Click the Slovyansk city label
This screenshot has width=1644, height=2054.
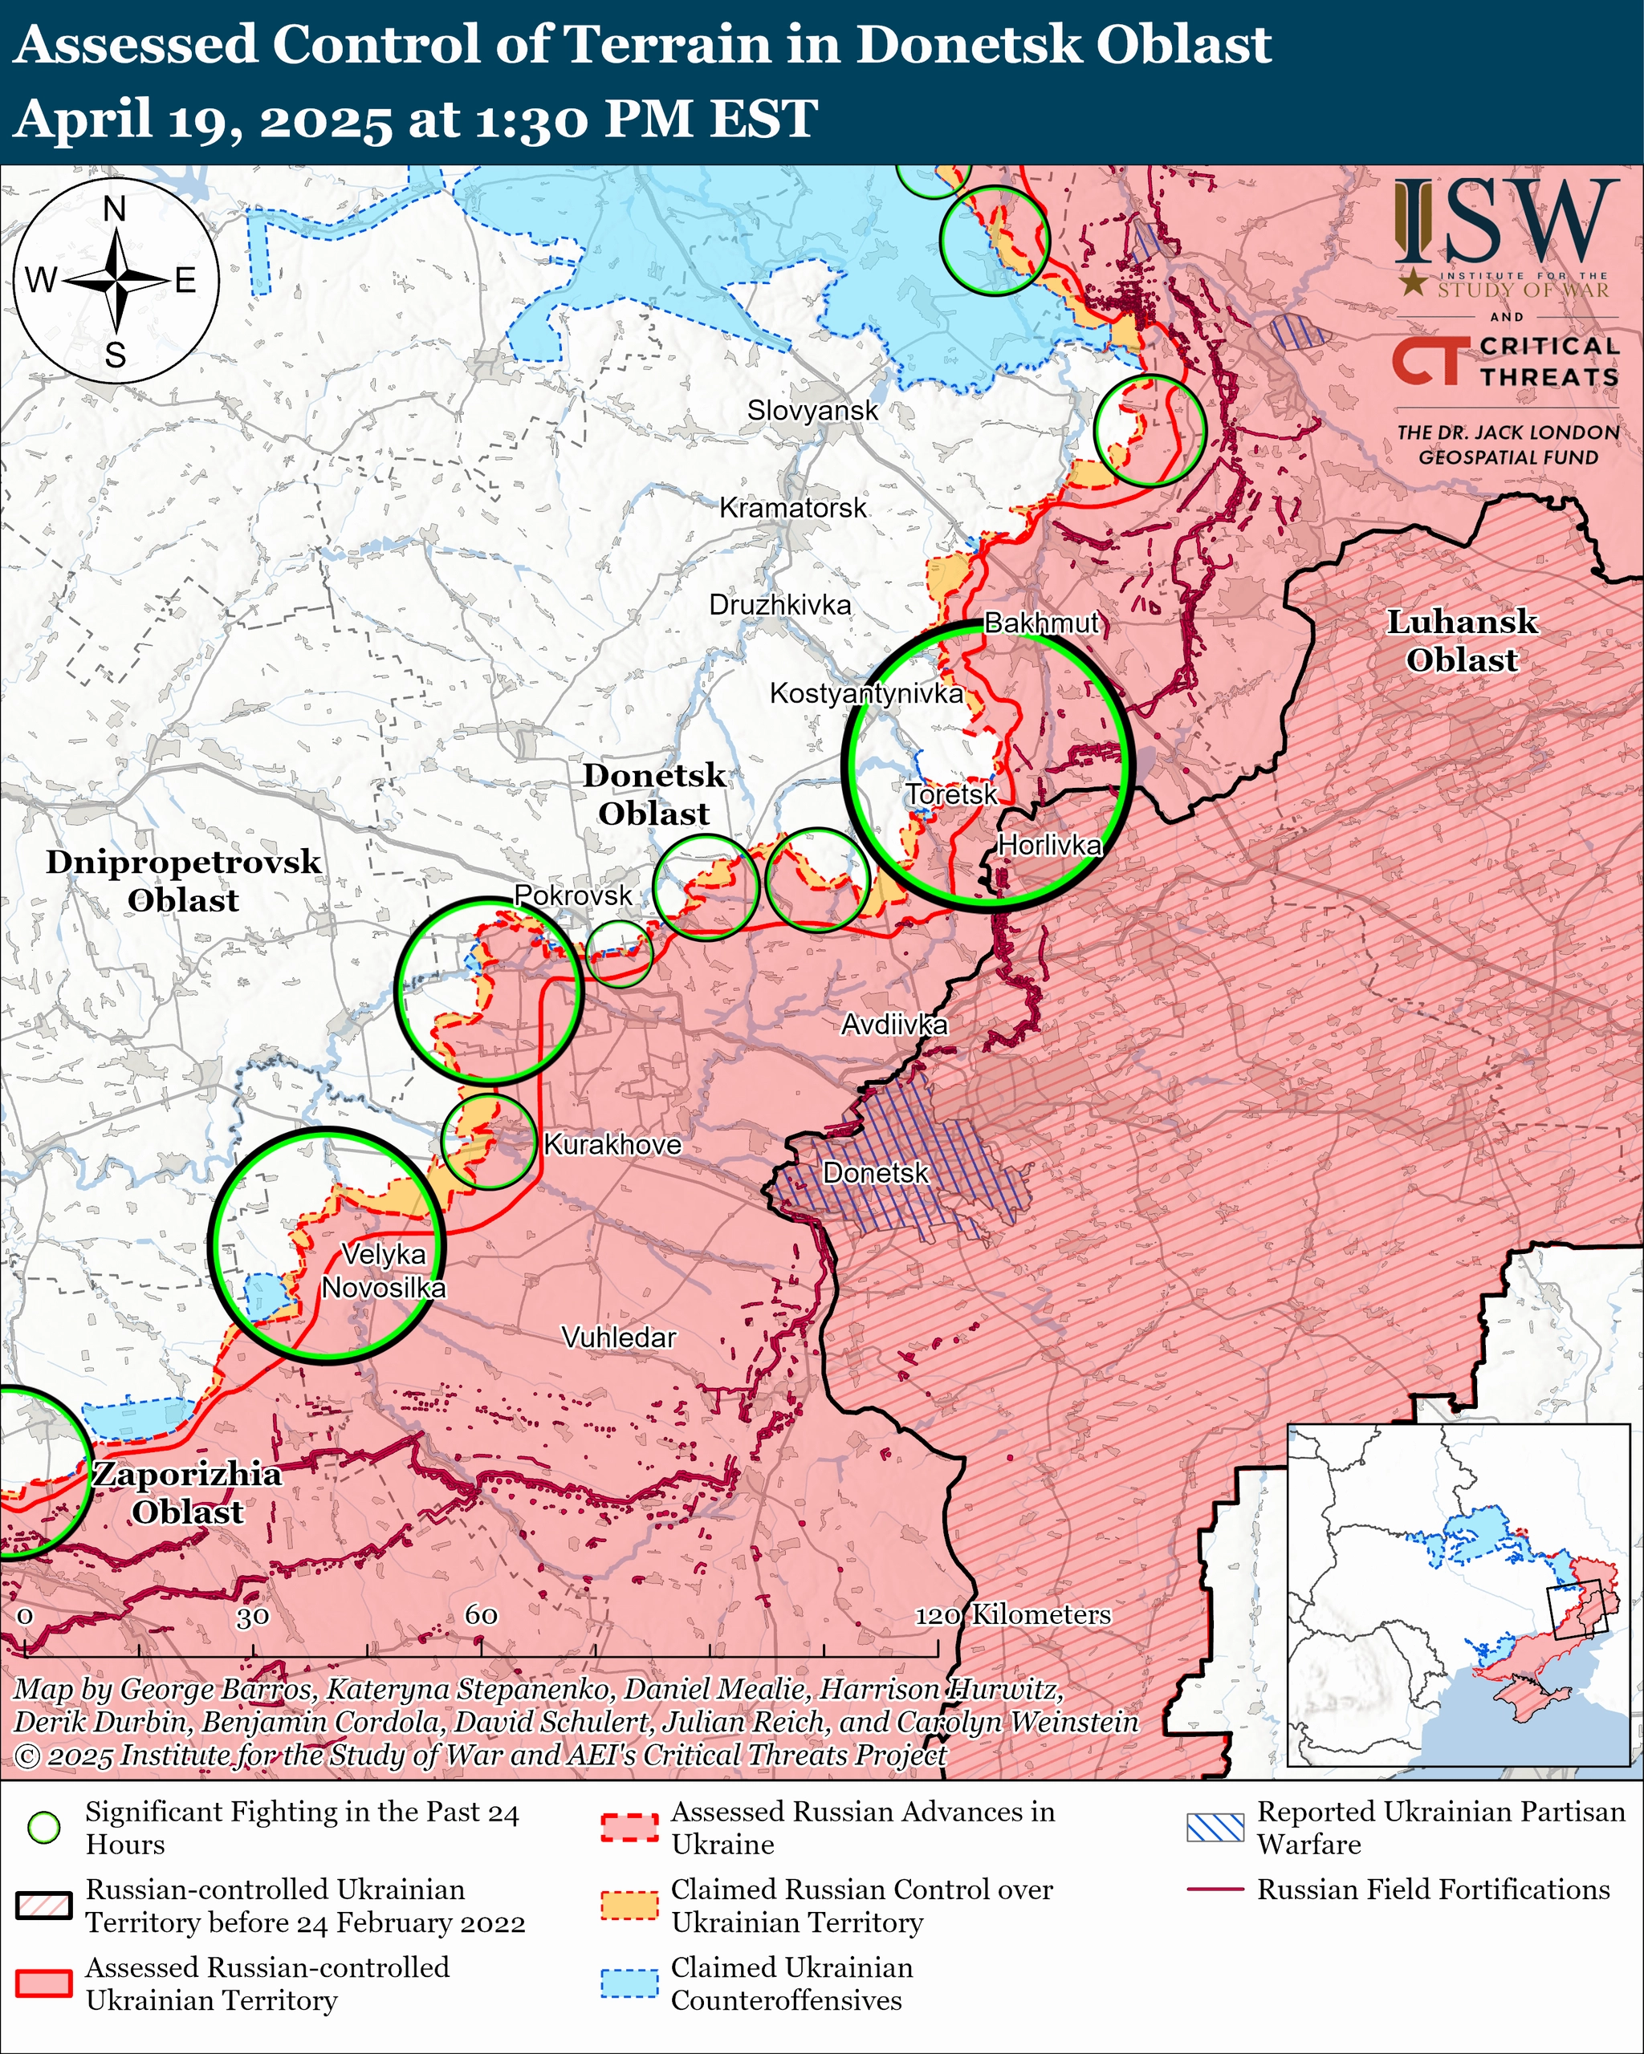[812, 411]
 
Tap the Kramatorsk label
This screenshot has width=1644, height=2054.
[793, 508]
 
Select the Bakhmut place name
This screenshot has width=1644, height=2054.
[1042, 623]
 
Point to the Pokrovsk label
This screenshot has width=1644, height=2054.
[573, 895]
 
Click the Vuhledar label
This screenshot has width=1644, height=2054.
[619, 1338]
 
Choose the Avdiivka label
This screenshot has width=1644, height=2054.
[894, 1025]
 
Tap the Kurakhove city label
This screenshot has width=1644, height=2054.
[612, 1144]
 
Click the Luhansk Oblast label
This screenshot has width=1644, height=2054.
[1461, 640]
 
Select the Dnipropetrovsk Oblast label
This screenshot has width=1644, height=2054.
[183, 880]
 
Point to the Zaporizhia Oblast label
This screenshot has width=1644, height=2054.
[187, 1493]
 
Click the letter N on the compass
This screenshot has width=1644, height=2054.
[114, 209]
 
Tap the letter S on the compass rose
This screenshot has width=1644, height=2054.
[116, 356]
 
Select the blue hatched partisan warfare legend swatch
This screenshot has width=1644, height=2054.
[1215, 1827]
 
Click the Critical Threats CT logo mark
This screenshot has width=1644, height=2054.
[1426, 362]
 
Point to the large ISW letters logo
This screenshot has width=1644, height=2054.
[1507, 223]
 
